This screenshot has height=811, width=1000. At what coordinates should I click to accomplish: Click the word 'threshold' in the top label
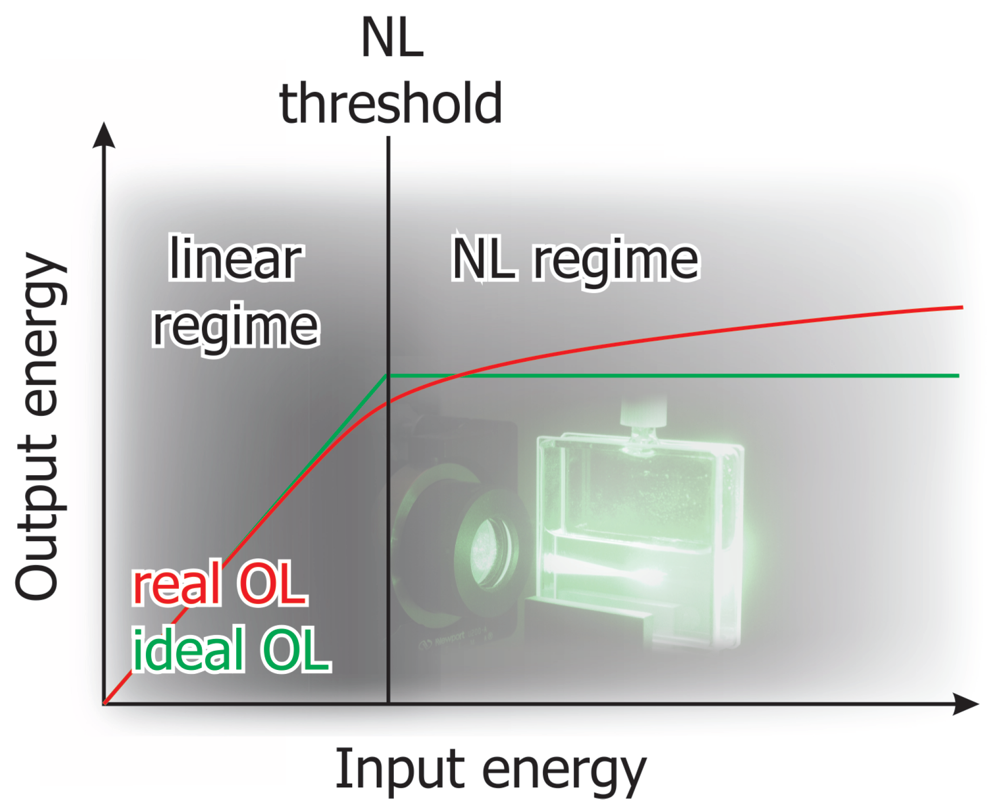390,103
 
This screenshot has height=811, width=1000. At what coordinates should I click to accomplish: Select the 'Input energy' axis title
490,769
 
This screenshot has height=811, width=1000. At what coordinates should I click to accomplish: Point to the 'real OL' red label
220,584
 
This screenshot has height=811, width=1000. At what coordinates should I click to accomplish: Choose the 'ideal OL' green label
231,650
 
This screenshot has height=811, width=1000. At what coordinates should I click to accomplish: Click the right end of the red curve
962,307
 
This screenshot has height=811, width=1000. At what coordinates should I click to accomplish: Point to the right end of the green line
958,376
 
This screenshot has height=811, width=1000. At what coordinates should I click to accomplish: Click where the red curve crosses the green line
459,376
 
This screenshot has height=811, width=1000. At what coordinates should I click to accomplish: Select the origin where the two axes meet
104,704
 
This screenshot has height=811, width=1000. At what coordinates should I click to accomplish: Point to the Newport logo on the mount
442,641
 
